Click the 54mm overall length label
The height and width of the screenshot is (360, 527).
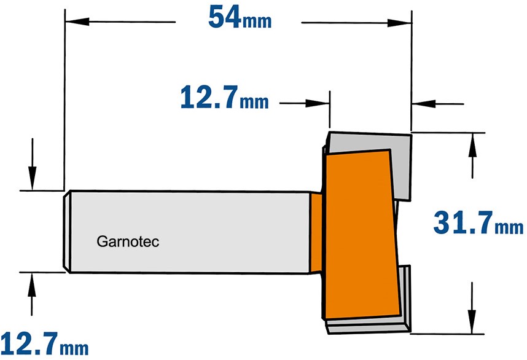coord(240,17)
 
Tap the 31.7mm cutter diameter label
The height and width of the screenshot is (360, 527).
coord(478,222)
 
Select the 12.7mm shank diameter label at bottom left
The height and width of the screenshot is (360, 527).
coord(44,343)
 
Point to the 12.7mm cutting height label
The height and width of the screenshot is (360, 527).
coord(225,97)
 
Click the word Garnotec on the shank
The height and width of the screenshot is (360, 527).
coord(128,241)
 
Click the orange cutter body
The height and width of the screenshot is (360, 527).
coord(361,235)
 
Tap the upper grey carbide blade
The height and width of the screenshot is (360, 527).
coord(373,162)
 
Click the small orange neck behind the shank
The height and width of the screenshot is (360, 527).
coord(316,233)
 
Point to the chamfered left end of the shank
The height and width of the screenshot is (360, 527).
coord(67,232)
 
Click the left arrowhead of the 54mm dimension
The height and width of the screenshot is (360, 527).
coord(77,22)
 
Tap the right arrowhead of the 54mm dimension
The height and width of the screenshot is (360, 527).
coord(400,23)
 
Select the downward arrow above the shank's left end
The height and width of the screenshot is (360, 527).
coord(33,164)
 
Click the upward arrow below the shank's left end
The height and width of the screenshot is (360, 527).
coord(32,294)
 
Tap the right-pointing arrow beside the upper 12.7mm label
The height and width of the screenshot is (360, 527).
coord(304,103)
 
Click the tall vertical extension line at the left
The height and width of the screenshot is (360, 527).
coord(64,100)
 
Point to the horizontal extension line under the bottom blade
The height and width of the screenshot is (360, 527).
coord(447,334)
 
